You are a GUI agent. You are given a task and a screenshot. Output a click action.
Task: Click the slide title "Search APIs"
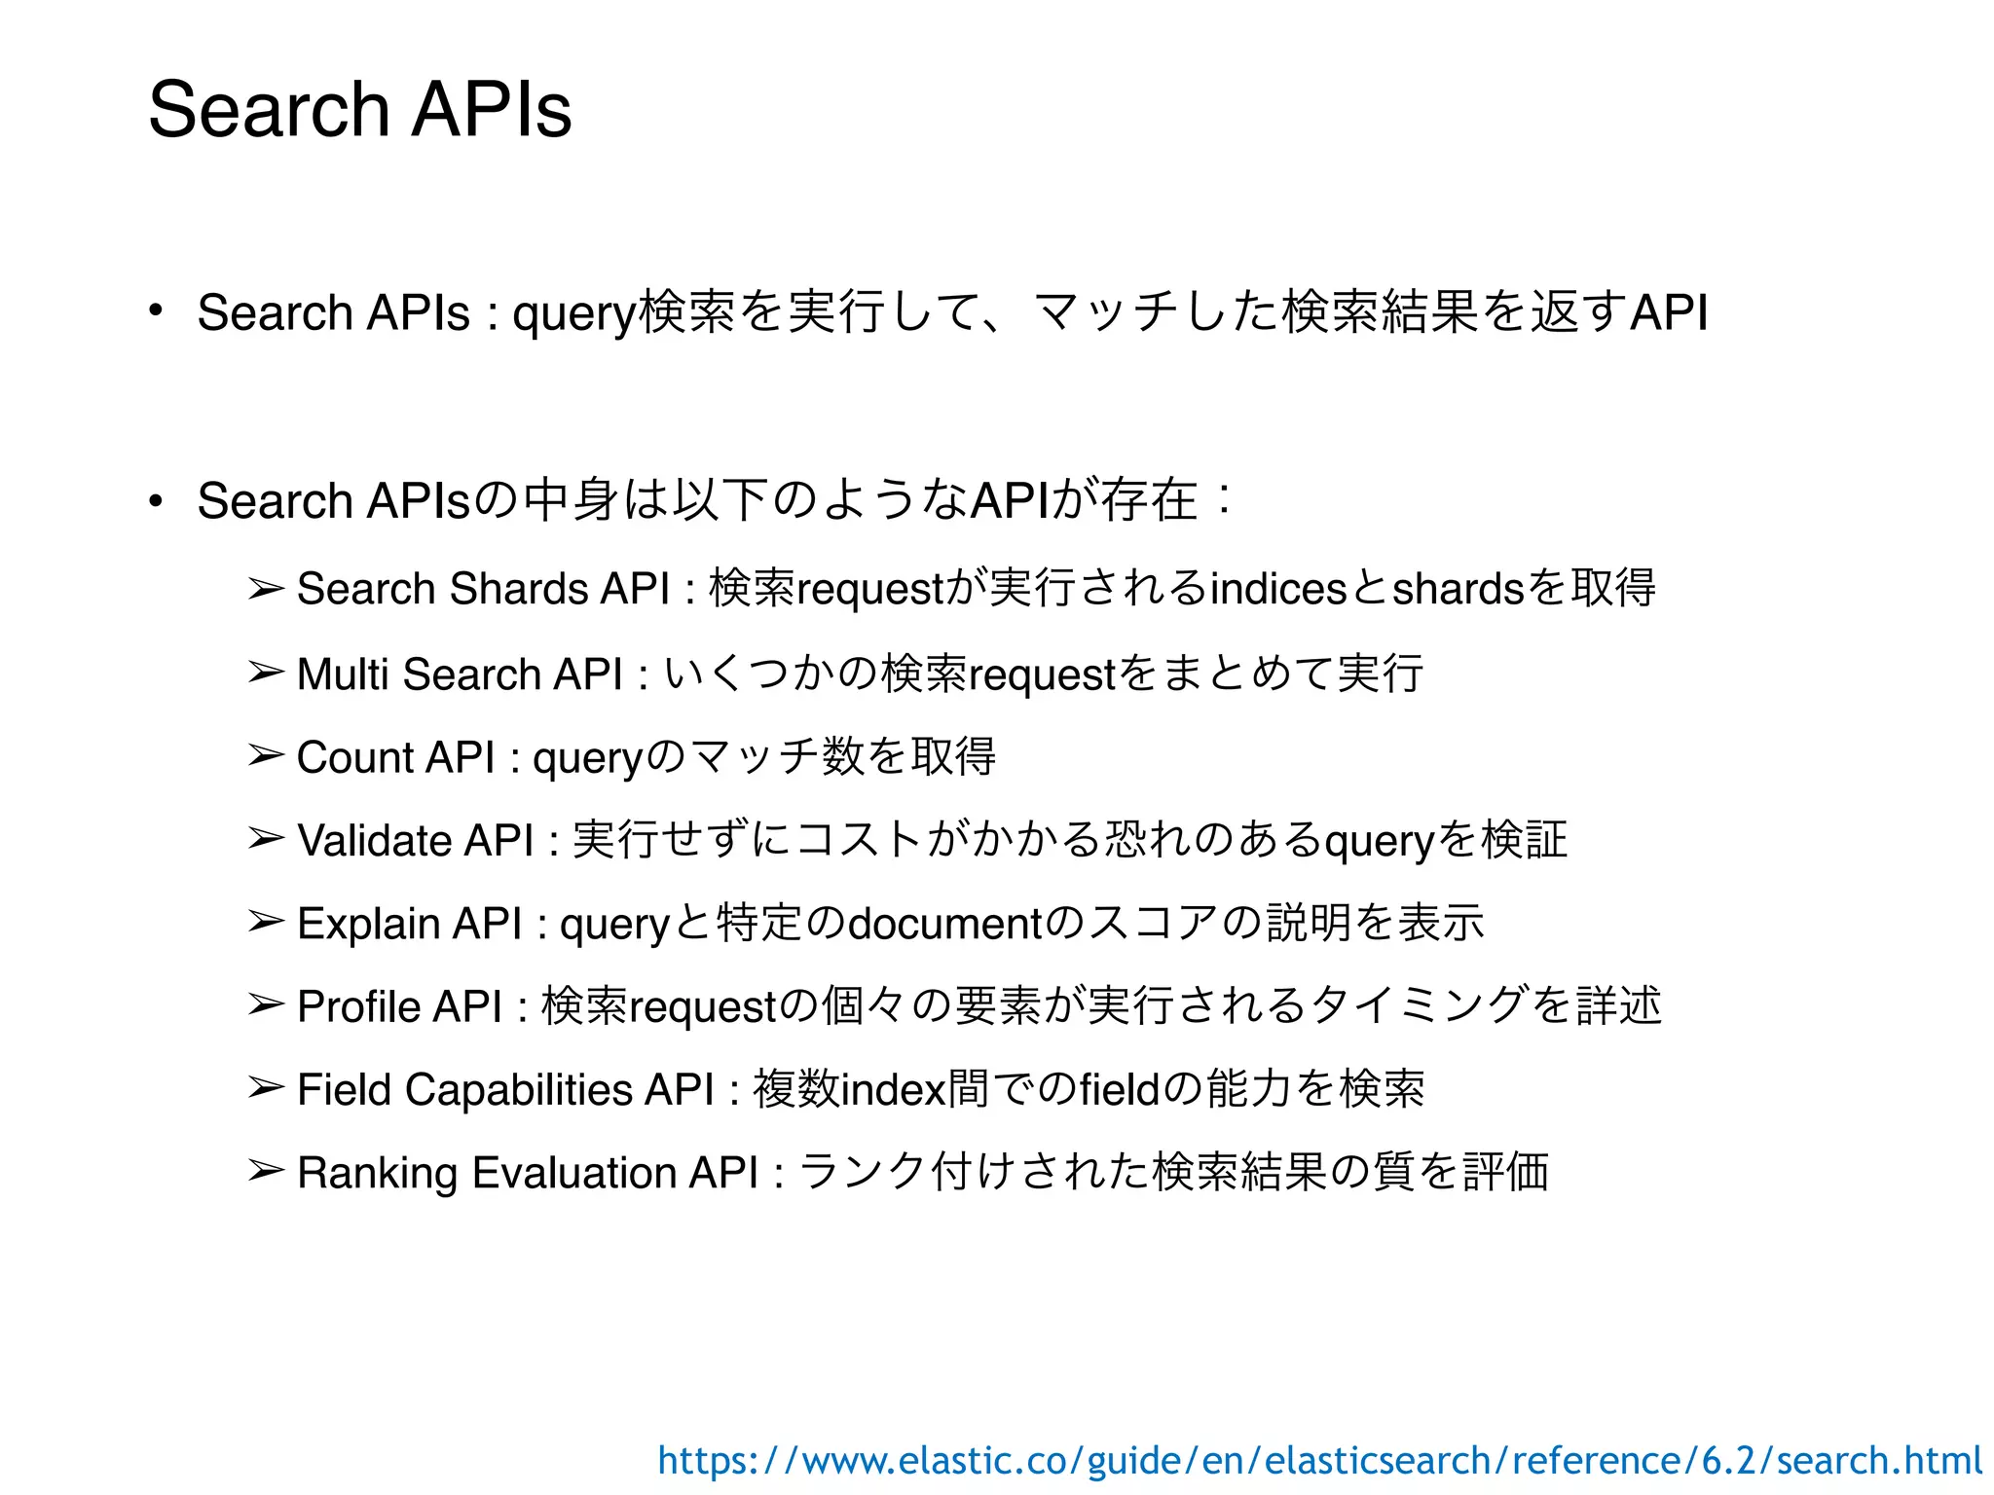(359, 108)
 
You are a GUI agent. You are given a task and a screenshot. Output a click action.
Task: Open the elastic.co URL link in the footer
(1319, 1460)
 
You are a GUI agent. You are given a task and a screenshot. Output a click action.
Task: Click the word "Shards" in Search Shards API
(519, 589)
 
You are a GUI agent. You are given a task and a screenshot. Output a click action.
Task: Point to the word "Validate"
(374, 840)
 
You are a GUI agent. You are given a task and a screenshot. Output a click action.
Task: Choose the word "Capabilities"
(518, 1089)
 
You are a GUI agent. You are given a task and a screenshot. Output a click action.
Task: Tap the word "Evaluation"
(573, 1173)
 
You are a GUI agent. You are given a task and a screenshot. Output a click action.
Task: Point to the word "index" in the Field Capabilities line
(893, 1089)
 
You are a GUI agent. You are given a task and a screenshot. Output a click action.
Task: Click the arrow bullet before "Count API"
(265, 756)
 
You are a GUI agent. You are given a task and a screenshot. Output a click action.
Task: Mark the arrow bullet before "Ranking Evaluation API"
(265, 1171)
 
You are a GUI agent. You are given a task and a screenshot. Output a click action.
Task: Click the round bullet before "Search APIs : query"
(155, 311)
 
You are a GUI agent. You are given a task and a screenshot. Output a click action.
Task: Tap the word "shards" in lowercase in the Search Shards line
(1458, 589)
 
